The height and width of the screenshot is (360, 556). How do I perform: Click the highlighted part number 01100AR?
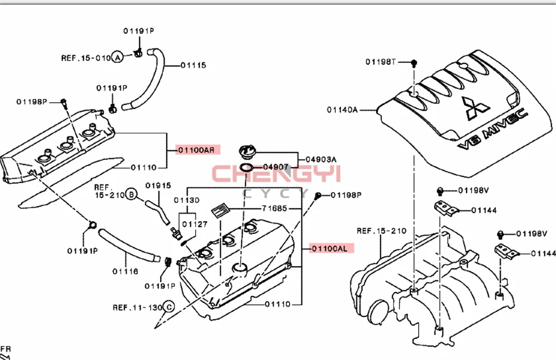click(198, 149)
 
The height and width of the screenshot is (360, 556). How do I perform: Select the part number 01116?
click(125, 272)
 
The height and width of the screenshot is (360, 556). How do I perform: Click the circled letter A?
click(117, 57)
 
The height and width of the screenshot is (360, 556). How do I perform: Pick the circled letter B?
click(131, 194)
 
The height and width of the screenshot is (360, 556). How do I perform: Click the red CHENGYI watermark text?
click(276, 174)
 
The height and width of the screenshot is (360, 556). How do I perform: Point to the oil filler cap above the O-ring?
click(247, 151)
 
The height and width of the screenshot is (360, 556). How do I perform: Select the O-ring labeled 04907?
click(247, 167)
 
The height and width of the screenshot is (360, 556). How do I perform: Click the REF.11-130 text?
click(137, 307)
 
